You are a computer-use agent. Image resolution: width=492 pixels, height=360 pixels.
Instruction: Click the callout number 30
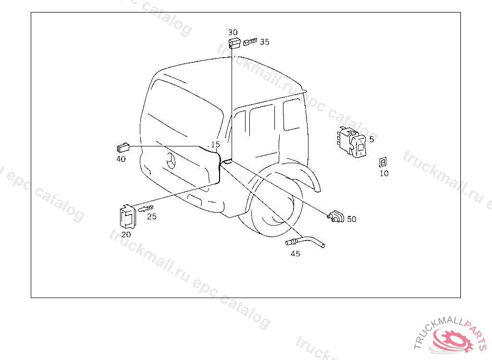[233, 32]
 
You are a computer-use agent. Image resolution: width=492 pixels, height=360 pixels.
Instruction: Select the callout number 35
[265, 42]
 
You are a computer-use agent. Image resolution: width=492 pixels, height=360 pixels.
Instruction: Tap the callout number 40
[121, 159]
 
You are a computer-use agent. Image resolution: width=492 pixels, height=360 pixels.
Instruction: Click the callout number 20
[126, 234]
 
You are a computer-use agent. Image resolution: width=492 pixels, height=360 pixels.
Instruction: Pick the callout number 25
[152, 216]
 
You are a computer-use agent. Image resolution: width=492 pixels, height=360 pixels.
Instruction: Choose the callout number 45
[295, 254]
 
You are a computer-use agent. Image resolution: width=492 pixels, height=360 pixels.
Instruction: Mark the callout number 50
[351, 219]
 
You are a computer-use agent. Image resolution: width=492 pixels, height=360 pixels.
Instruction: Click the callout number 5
[371, 139]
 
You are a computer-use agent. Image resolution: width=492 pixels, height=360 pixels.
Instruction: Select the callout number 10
[384, 173]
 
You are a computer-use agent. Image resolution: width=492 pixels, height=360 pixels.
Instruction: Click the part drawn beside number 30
[234, 43]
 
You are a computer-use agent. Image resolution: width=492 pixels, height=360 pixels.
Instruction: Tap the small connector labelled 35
[250, 42]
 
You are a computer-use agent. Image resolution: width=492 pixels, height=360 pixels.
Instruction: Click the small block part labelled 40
[123, 147]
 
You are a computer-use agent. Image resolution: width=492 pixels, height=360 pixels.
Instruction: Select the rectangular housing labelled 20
[127, 216]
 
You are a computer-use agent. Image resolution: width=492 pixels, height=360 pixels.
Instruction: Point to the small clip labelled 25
[146, 208]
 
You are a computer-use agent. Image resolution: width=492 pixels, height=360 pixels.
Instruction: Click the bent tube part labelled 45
[305, 242]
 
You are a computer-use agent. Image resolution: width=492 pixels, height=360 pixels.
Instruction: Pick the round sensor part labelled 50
[336, 216]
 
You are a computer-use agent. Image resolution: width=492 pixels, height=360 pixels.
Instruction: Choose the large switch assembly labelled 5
[351, 142]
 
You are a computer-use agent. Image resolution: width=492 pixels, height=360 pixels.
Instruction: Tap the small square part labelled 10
[383, 162]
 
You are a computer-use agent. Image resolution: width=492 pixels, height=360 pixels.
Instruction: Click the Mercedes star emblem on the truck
[171, 161]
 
